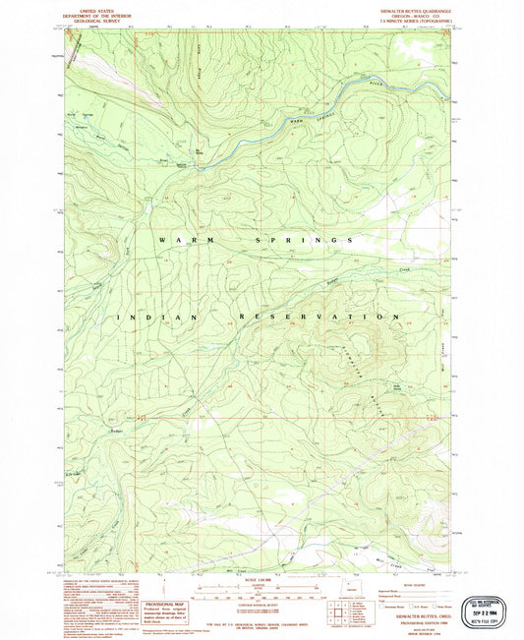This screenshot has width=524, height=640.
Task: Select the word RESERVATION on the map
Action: tap(319, 318)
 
